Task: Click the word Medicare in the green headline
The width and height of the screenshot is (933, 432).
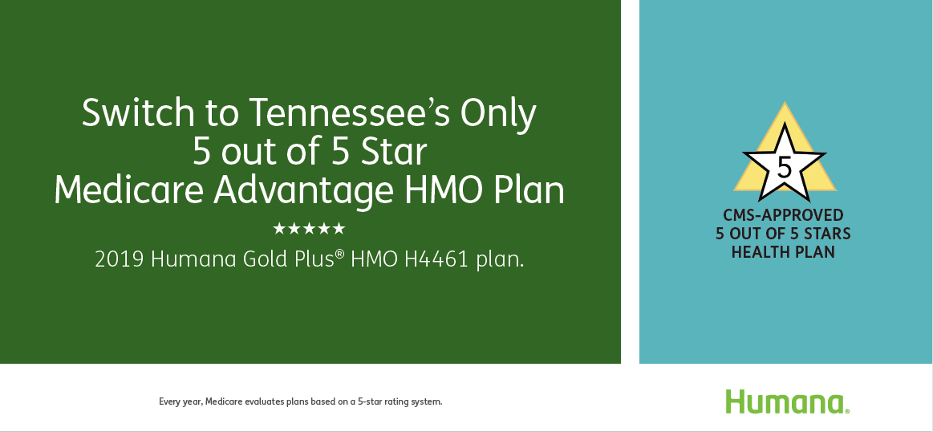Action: pyautogui.click(x=129, y=190)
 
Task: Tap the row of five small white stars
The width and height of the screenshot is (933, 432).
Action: pyautogui.click(x=309, y=228)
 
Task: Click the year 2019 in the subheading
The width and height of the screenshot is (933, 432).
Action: pyautogui.click(x=119, y=260)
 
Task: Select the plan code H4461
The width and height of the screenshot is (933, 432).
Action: pyautogui.click(x=436, y=260)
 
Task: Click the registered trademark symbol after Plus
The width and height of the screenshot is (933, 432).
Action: pyautogui.click(x=340, y=255)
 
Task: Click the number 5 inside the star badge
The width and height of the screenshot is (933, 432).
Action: pyautogui.click(x=785, y=168)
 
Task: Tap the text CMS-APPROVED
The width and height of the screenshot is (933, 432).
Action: pyautogui.click(x=783, y=214)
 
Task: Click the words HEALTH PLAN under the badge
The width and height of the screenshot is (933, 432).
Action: pyautogui.click(x=783, y=252)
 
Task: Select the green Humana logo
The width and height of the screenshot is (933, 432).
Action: pyautogui.click(x=787, y=401)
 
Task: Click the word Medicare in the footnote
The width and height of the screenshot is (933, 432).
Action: pyautogui.click(x=223, y=401)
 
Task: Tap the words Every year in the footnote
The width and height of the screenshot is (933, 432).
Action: pyautogui.click(x=181, y=402)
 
